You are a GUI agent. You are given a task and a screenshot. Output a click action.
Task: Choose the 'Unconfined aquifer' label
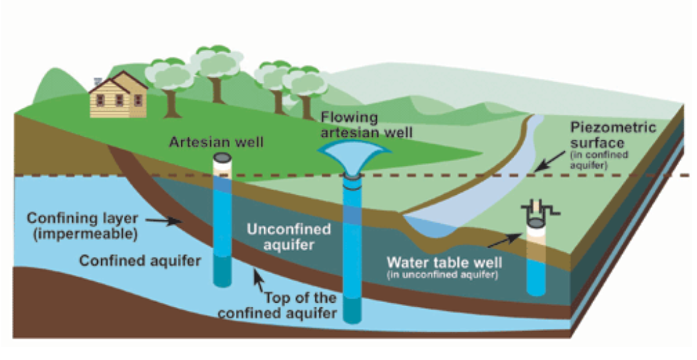coord(289,237)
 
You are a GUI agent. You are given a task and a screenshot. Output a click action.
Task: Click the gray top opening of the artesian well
coord(222,159)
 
